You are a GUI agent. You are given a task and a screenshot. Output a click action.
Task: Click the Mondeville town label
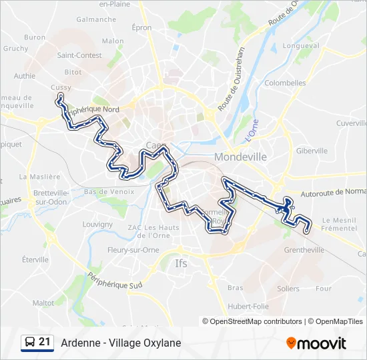pos(240,157)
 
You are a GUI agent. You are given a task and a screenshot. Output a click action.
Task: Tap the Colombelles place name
pos(285,83)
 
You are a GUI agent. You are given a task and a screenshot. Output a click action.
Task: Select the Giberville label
pos(312,151)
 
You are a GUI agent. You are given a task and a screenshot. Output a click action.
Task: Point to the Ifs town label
pos(181,263)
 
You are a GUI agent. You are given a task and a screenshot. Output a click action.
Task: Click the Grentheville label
pos(304,250)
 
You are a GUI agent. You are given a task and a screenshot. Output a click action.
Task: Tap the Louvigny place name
pos(97,225)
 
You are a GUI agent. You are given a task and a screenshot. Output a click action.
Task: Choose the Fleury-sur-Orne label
pos(133,250)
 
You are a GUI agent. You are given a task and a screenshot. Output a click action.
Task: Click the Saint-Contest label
pos(79,55)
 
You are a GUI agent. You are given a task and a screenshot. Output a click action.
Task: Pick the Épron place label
pos(142,28)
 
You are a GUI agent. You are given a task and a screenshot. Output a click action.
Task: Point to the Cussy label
pos(61,87)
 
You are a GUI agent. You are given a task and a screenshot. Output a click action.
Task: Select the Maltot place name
pos(43,303)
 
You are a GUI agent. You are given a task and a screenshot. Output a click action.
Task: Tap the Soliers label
pos(288,289)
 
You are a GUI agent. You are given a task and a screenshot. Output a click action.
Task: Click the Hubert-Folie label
pos(248,305)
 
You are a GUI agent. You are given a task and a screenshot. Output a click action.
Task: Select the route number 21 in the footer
pos(45,342)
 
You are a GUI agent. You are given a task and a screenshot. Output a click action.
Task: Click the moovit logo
pos(316,343)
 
